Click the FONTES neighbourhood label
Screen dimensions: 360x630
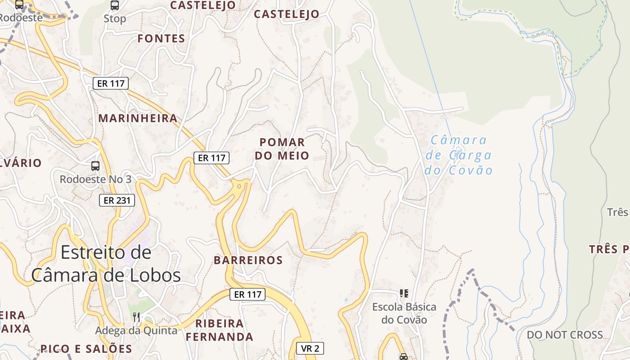pyautogui.click(x=161, y=39)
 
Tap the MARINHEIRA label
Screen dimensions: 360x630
pyautogui.click(x=138, y=118)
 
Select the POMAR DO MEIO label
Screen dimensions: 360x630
pyautogui.click(x=282, y=149)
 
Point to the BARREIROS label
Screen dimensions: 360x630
pyautogui.click(x=248, y=260)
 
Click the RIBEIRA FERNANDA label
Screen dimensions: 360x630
pyautogui.click(x=220, y=330)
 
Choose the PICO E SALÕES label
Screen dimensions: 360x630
pyautogui.click(x=86, y=349)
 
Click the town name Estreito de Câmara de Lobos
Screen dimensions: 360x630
pyautogui.click(x=106, y=264)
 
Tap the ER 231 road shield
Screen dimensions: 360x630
pyautogui.click(x=117, y=200)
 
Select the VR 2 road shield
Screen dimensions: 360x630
pyautogui.click(x=310, y=348)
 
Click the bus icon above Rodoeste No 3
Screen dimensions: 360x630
pyautogui.click(x=95, y=166)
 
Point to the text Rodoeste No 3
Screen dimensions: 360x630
pyautogui.click(x=95, y=179)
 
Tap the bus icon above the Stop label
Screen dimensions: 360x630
pyautogui.click(x=115, y=5)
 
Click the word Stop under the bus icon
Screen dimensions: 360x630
pyautogui.click(x=115, y=19)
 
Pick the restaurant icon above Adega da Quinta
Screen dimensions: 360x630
pyautogui.click(x=136, y=317)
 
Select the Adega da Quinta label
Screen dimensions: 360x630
pyautogui.click(x=136, y=331)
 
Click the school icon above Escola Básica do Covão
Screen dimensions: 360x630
pyautogui.click(x=404, y=293)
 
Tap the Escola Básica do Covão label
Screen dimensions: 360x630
pyautogui.click(x=404, y=313)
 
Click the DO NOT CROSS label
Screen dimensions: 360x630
pyautogui.click(x=565, y=335)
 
